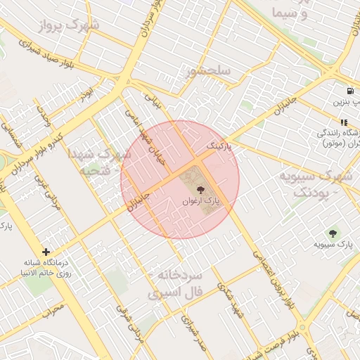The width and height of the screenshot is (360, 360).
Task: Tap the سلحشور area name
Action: click(208, 72)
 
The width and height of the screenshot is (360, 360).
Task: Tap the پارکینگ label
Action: click(218, 146)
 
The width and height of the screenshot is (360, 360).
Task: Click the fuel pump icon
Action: click(349, 91)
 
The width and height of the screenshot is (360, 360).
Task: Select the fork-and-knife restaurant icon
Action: click(344, 121)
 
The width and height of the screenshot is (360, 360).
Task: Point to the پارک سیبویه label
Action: click(333, 245)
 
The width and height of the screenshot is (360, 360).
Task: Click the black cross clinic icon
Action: click(46, 251)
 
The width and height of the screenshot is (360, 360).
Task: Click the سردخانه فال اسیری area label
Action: click(176, 282)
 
